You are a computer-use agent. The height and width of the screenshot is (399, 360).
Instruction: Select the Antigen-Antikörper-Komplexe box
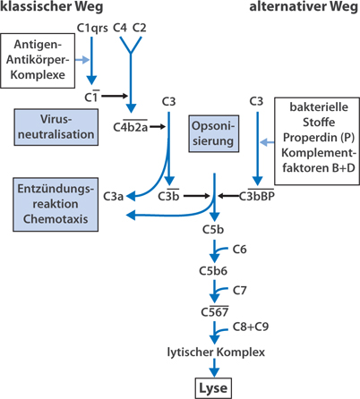(39, 59)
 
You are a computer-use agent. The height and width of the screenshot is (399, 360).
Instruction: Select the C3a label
(114, 195)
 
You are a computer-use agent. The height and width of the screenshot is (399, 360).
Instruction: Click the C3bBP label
(256, 195)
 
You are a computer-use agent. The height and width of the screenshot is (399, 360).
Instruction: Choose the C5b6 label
(214, 269)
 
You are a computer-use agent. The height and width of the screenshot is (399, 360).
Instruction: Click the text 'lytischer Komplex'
(216, 352)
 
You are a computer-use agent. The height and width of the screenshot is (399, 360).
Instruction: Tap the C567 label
(214, 310)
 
